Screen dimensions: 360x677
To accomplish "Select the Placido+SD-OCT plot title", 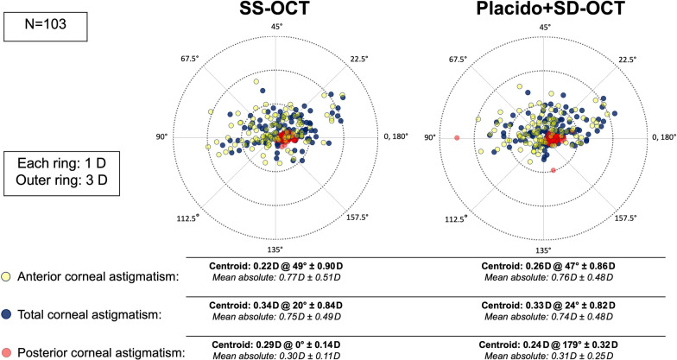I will [544, 11].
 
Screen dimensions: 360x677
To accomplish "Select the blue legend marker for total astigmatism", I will [9, 314].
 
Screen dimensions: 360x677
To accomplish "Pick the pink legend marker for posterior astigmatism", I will [9, 352].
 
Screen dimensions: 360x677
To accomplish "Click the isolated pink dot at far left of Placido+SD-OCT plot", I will [457, 138].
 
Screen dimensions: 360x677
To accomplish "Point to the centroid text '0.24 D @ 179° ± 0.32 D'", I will [544, 342].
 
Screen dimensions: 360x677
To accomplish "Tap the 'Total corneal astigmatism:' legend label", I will [89, 314].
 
